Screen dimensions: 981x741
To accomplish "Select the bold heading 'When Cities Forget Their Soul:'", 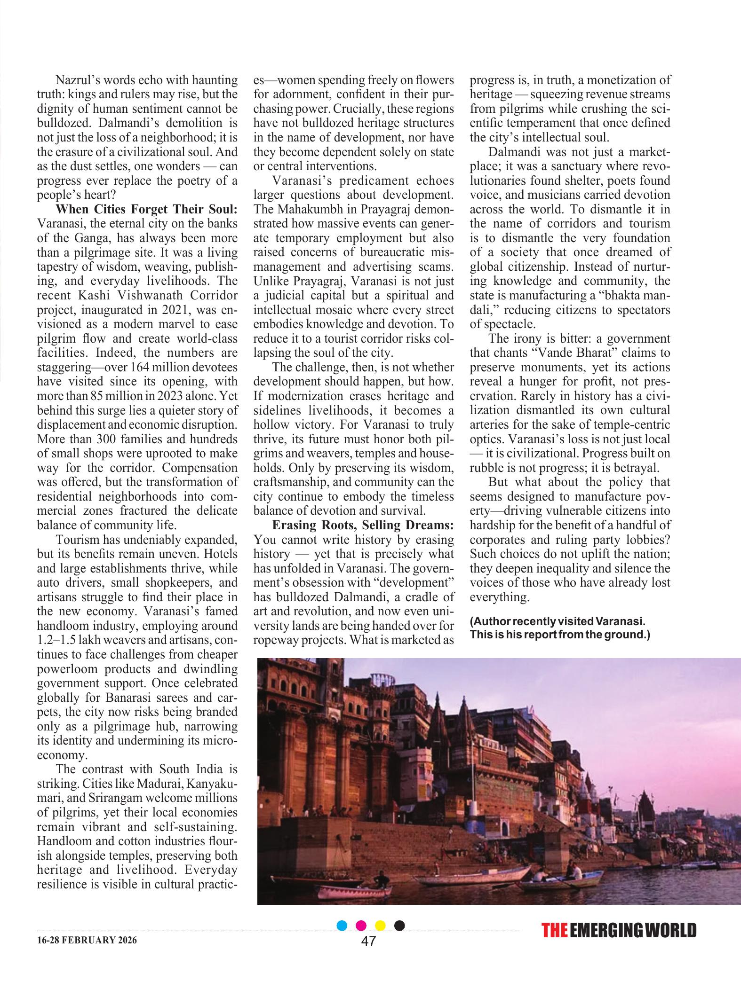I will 146,209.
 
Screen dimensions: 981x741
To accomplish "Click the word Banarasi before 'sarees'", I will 130,698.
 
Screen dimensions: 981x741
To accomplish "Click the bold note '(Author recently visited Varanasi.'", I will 557,621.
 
